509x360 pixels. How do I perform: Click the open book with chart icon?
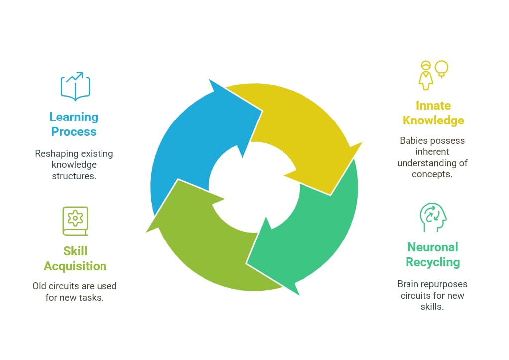click(x=75, y=86)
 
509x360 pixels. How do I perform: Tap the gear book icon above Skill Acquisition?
click(x=75, y=221)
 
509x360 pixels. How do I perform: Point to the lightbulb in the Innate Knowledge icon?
click(x=441, y=69)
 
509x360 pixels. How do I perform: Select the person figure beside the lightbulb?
click(x=425, y=75)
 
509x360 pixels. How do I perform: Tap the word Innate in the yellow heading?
click(x=433, y=106)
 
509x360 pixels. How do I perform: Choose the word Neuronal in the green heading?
click(x=432, y=247)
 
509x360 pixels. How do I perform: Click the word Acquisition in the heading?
click(x=75, y=266)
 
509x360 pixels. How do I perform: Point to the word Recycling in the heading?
click(x=432, y=262)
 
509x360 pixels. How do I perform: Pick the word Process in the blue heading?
click(x=73, y=132)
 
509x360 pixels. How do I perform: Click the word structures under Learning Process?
click(x=74, y=176)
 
